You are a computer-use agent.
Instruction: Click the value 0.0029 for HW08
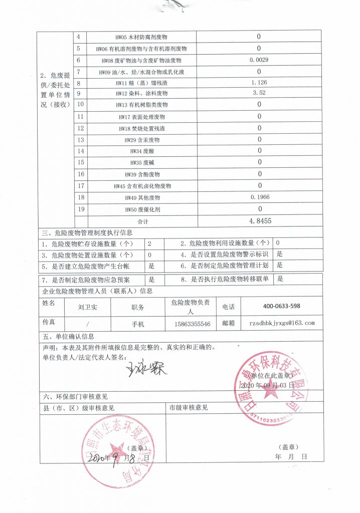[259, 60]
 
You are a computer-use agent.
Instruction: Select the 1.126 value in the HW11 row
[259, 82]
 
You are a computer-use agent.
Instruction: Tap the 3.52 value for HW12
[259, 93]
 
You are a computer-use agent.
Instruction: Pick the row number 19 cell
[80, 208]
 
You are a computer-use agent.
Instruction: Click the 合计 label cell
[143, 221]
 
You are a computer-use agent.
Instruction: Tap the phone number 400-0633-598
[281, 307]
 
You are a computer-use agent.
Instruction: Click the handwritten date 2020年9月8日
[117, 457]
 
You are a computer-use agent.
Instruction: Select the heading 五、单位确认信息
[68, 336]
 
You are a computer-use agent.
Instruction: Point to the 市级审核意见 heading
[189, 408]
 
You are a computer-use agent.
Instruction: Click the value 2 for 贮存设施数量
[149, 244]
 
